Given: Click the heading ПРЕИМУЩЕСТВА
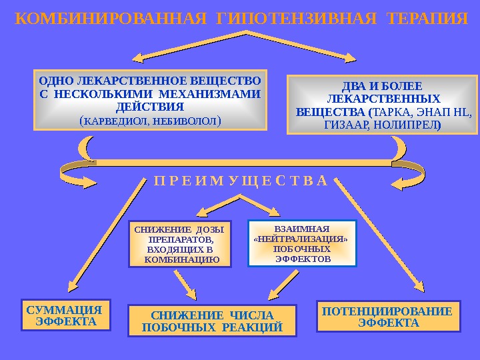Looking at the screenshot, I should (240, 181).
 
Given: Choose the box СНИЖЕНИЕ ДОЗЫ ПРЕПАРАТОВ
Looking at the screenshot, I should (179, 244).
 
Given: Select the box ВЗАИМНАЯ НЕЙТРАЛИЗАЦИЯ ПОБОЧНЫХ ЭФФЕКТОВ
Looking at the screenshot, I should (302, 243).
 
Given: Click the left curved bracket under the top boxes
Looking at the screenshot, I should (84, 157).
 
